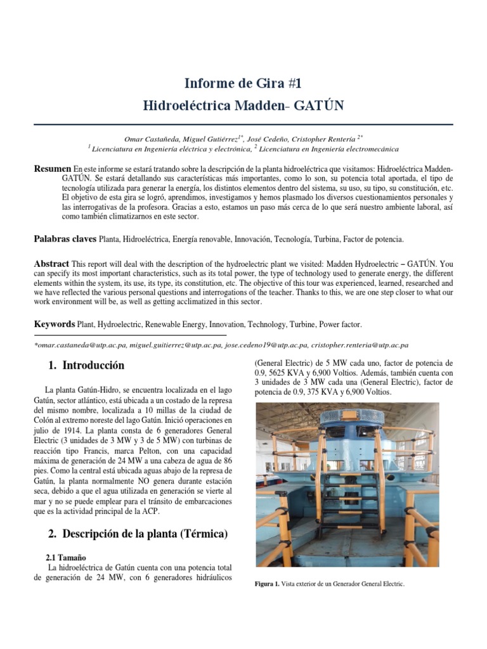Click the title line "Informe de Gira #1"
pyautogui.click(x=243, y=83)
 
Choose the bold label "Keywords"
pyautogui.click(x=54, y=324)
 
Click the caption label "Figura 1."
pyautogui.click(x=266, y=584)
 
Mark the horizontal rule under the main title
pyautogui.click(x=243, y=125)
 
